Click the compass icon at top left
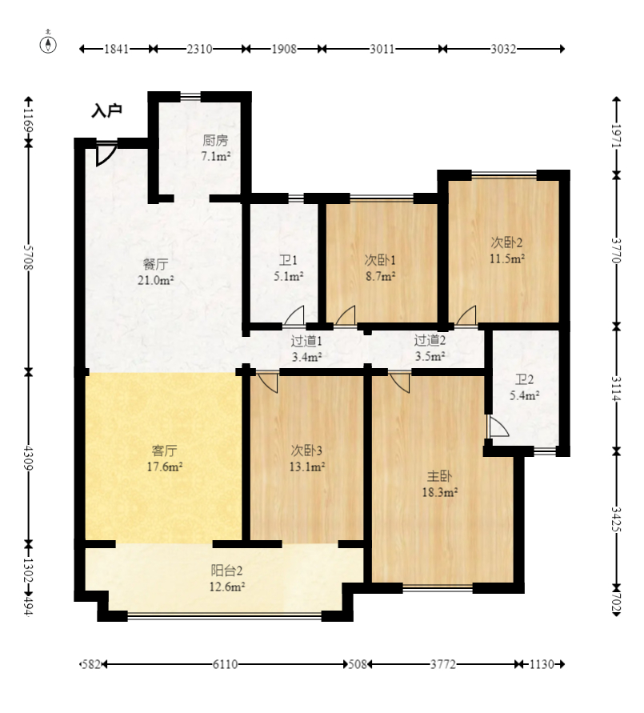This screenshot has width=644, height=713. (x=48, y=43)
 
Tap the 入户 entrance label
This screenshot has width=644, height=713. (x=107, y=110)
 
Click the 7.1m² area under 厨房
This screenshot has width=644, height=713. (x=216, y=156)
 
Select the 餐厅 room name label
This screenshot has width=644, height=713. (x=155, y=264)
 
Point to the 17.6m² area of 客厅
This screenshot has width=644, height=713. (x=165, y=467)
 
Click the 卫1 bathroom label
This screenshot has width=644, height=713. (x=288, y=260)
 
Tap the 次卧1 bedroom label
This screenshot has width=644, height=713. (x=380, y=260)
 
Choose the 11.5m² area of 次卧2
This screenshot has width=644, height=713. (x=506, y=258)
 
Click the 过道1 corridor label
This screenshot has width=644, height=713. (x=306, y=341)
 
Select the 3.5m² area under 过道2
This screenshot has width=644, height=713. (x=430, y=356)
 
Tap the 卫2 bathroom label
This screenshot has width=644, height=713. (x=524, y=379)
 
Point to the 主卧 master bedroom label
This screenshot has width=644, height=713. (x=439, y=476)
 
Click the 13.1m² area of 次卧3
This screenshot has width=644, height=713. (x=306, y=467)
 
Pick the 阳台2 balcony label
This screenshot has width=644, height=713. (x=226, y=571)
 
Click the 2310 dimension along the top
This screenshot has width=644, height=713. (x=199, y=49)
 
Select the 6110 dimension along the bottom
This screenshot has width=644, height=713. (x=225, y=664)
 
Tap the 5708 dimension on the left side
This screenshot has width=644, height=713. (x=28, y=258)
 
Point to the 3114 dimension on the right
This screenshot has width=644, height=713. (x=616, y=389)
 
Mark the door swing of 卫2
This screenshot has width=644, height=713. (x=498, y=426)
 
